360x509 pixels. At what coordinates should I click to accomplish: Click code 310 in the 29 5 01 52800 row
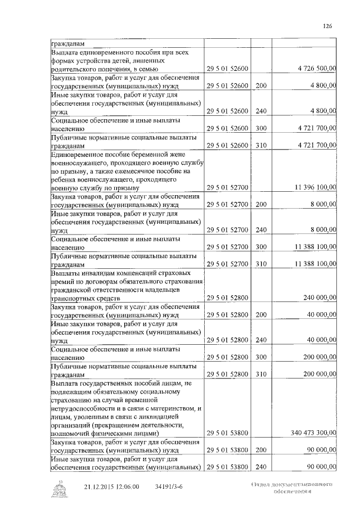(x=260, y=374)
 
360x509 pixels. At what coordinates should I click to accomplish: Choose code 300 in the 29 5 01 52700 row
(x=260, y=246)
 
